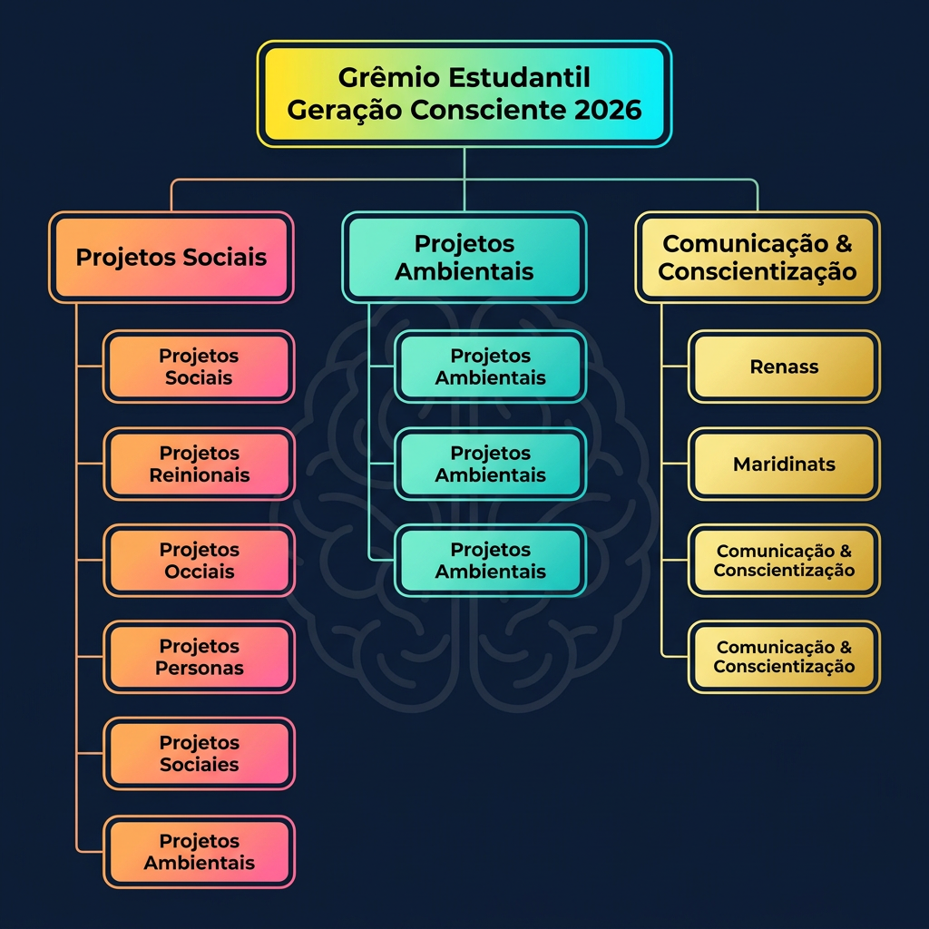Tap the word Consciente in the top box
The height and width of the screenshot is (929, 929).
(x=488, y=110)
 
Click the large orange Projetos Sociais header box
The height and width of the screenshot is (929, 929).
(x=171, y=257)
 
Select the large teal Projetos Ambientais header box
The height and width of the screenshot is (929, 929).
(x=464, y=257)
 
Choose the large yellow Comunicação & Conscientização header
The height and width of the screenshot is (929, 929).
(x=758, y=257)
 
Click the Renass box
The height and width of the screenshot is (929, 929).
(x=784, y=367)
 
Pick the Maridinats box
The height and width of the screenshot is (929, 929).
(x=784, y=464)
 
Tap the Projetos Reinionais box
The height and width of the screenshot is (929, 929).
(x=199, y=464)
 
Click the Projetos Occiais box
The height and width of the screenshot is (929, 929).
(x=199, y=561)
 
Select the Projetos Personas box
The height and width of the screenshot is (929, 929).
(x=199, y=657)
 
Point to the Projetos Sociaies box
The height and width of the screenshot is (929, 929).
(x=199, y=754)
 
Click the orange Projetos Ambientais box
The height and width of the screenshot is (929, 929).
(x=199, y=852)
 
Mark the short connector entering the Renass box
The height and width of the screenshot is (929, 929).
(x=674, y=367)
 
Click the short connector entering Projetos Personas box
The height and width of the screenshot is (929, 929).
(x=90, y=657)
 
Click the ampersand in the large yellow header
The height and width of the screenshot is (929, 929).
(x=844, y=243)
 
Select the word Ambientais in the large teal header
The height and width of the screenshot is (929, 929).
(x=464, y=272)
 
